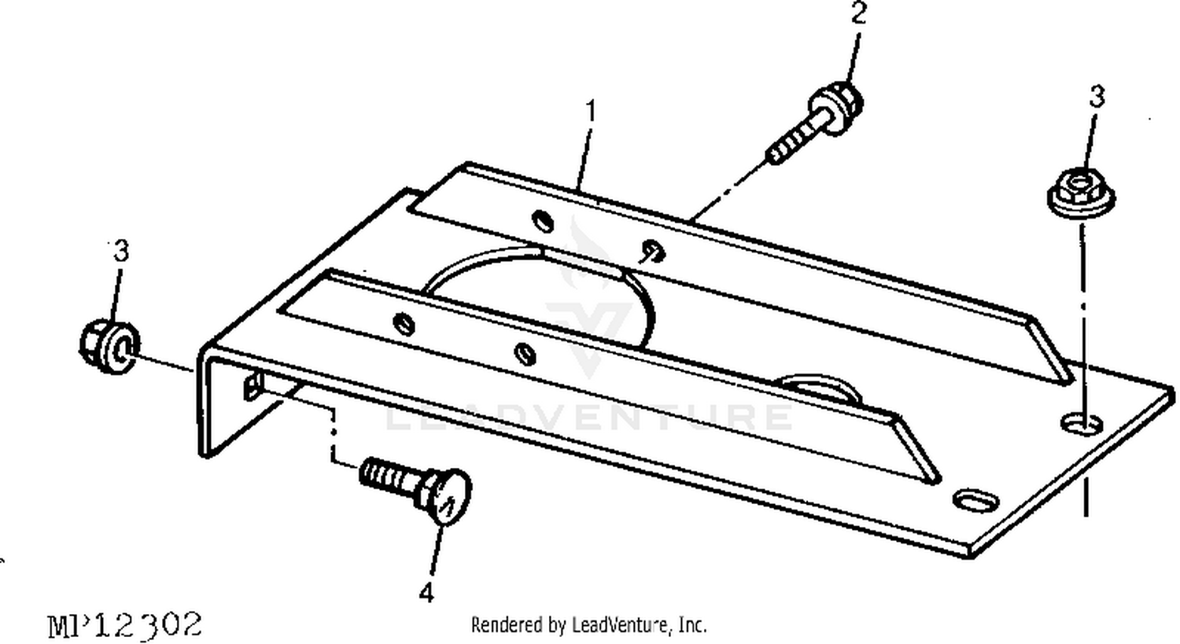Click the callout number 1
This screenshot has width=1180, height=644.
point(592,111)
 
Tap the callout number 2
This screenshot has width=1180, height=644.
point(858,13)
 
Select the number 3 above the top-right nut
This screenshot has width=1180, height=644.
point(1097,97)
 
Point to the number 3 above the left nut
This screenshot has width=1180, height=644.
point(121,251)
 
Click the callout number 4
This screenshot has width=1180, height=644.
point(426,592)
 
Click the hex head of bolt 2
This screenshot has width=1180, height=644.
point(836,107)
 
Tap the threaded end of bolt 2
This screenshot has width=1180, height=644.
point(789,143)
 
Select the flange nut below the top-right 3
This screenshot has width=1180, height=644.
point(1081,193)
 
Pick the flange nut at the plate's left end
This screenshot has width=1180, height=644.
point(109,346)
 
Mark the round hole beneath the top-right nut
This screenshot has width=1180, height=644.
point(1082,424)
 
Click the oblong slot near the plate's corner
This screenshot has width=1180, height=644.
point(976,500)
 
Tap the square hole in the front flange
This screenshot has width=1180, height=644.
point(253,386)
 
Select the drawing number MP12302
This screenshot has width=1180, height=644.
point(125,626)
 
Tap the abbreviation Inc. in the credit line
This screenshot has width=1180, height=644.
point(693,625)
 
